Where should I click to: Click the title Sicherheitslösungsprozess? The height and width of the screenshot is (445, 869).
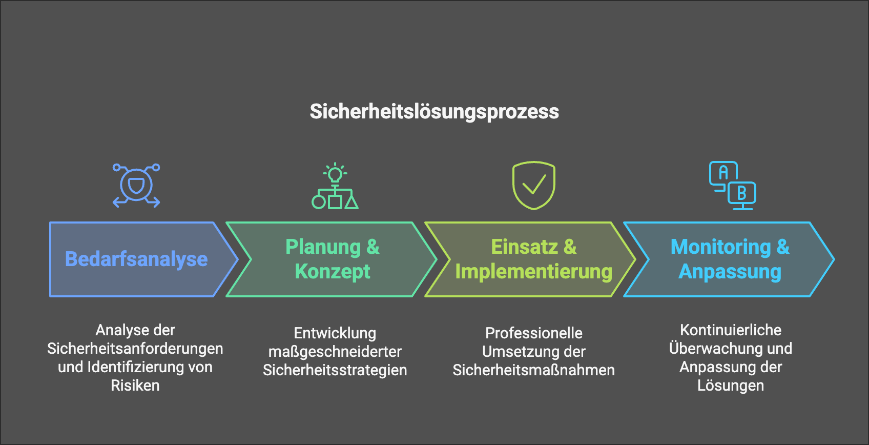pyautogui.click(x=434, y=112)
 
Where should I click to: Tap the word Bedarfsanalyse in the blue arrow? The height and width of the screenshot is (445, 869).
pyautogui.click(x=136, y=259)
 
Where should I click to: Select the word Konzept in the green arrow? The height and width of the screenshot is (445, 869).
pyautogui.click(x=333, y=272)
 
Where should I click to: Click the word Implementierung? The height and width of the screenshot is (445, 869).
pyautogui.click(x=533, y=272)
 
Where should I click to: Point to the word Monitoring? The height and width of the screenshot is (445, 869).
pyautogui.click(x=721, y=247)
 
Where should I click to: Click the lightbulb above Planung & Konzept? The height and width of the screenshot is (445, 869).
pyautogui.click(x=335, y=173)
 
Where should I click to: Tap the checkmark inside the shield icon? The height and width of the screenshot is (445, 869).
pyautogui.click(x=534, y=184)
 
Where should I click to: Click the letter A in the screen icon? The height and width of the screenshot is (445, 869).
pyautogui.click(x=723, y=172)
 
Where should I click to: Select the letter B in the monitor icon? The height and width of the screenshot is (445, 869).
pyautogui.click(x=742, y=193)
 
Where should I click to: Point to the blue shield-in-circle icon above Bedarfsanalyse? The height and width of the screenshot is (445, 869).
pyautogui.click(x=136, y=185)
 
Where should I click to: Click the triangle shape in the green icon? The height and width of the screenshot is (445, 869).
pyautogui.click(x=351, y=203)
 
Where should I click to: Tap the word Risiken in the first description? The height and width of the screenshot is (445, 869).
pyautogui.click(x=135, y=386)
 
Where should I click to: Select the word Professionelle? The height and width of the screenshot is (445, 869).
pyautogui.click(x=534, y=333)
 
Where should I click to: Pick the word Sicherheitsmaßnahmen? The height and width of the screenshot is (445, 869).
pyautogui.click(x=534, y=371)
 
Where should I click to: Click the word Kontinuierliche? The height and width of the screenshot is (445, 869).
pyautogui.click(x=731, y=330)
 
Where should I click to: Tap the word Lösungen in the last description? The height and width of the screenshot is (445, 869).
pyautogui.click(x=731, y=386)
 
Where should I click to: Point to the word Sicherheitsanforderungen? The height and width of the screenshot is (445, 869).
pyautogui.click(x=135, y=349)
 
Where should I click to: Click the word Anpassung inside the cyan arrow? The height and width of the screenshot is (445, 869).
pyautogui.click(x=730, y=272)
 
